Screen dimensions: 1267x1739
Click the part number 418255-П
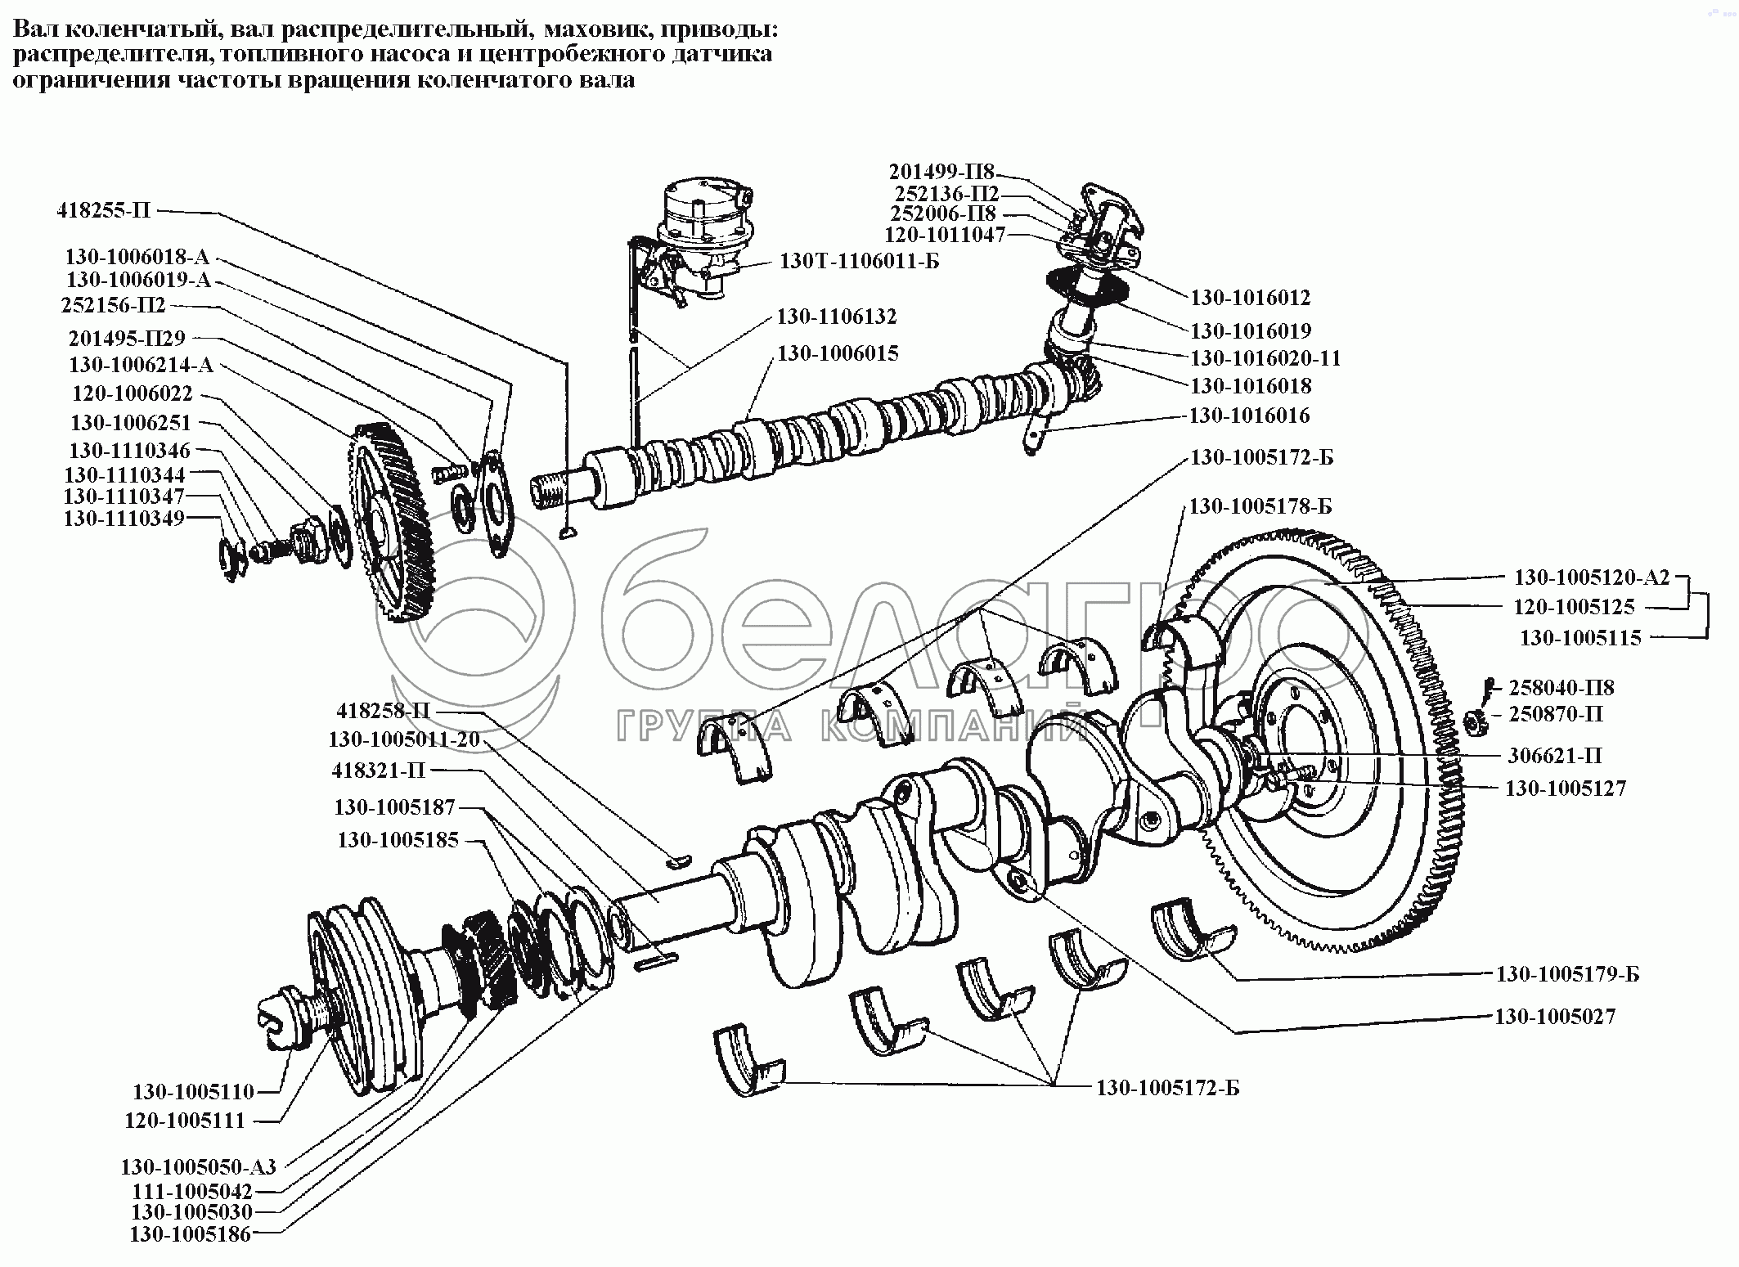(x=104, y=210)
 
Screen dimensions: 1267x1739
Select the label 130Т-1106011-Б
(x=860, y=262)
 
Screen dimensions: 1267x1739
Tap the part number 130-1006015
(x=838, y=353)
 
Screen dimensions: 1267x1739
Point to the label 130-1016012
(x=1250, y=297)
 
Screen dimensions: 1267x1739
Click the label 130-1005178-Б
(x=1260, y=506)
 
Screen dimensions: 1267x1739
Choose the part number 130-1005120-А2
(x=1591, y=577)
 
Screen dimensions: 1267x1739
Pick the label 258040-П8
(x=1562, y=687)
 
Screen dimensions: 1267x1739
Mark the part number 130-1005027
(x=1555, y=1016)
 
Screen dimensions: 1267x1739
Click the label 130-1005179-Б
(x=1567, y=973)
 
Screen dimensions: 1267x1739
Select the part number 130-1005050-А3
(x=199, y=1166)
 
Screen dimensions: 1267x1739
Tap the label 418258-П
(x=383, y=710)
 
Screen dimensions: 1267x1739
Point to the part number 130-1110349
(x=124, y=518)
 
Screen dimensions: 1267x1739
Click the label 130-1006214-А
(x=141, y=365)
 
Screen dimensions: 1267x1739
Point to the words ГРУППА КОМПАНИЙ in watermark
(x=851, y=727)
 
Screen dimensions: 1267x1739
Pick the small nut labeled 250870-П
(x=1473, y=721)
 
